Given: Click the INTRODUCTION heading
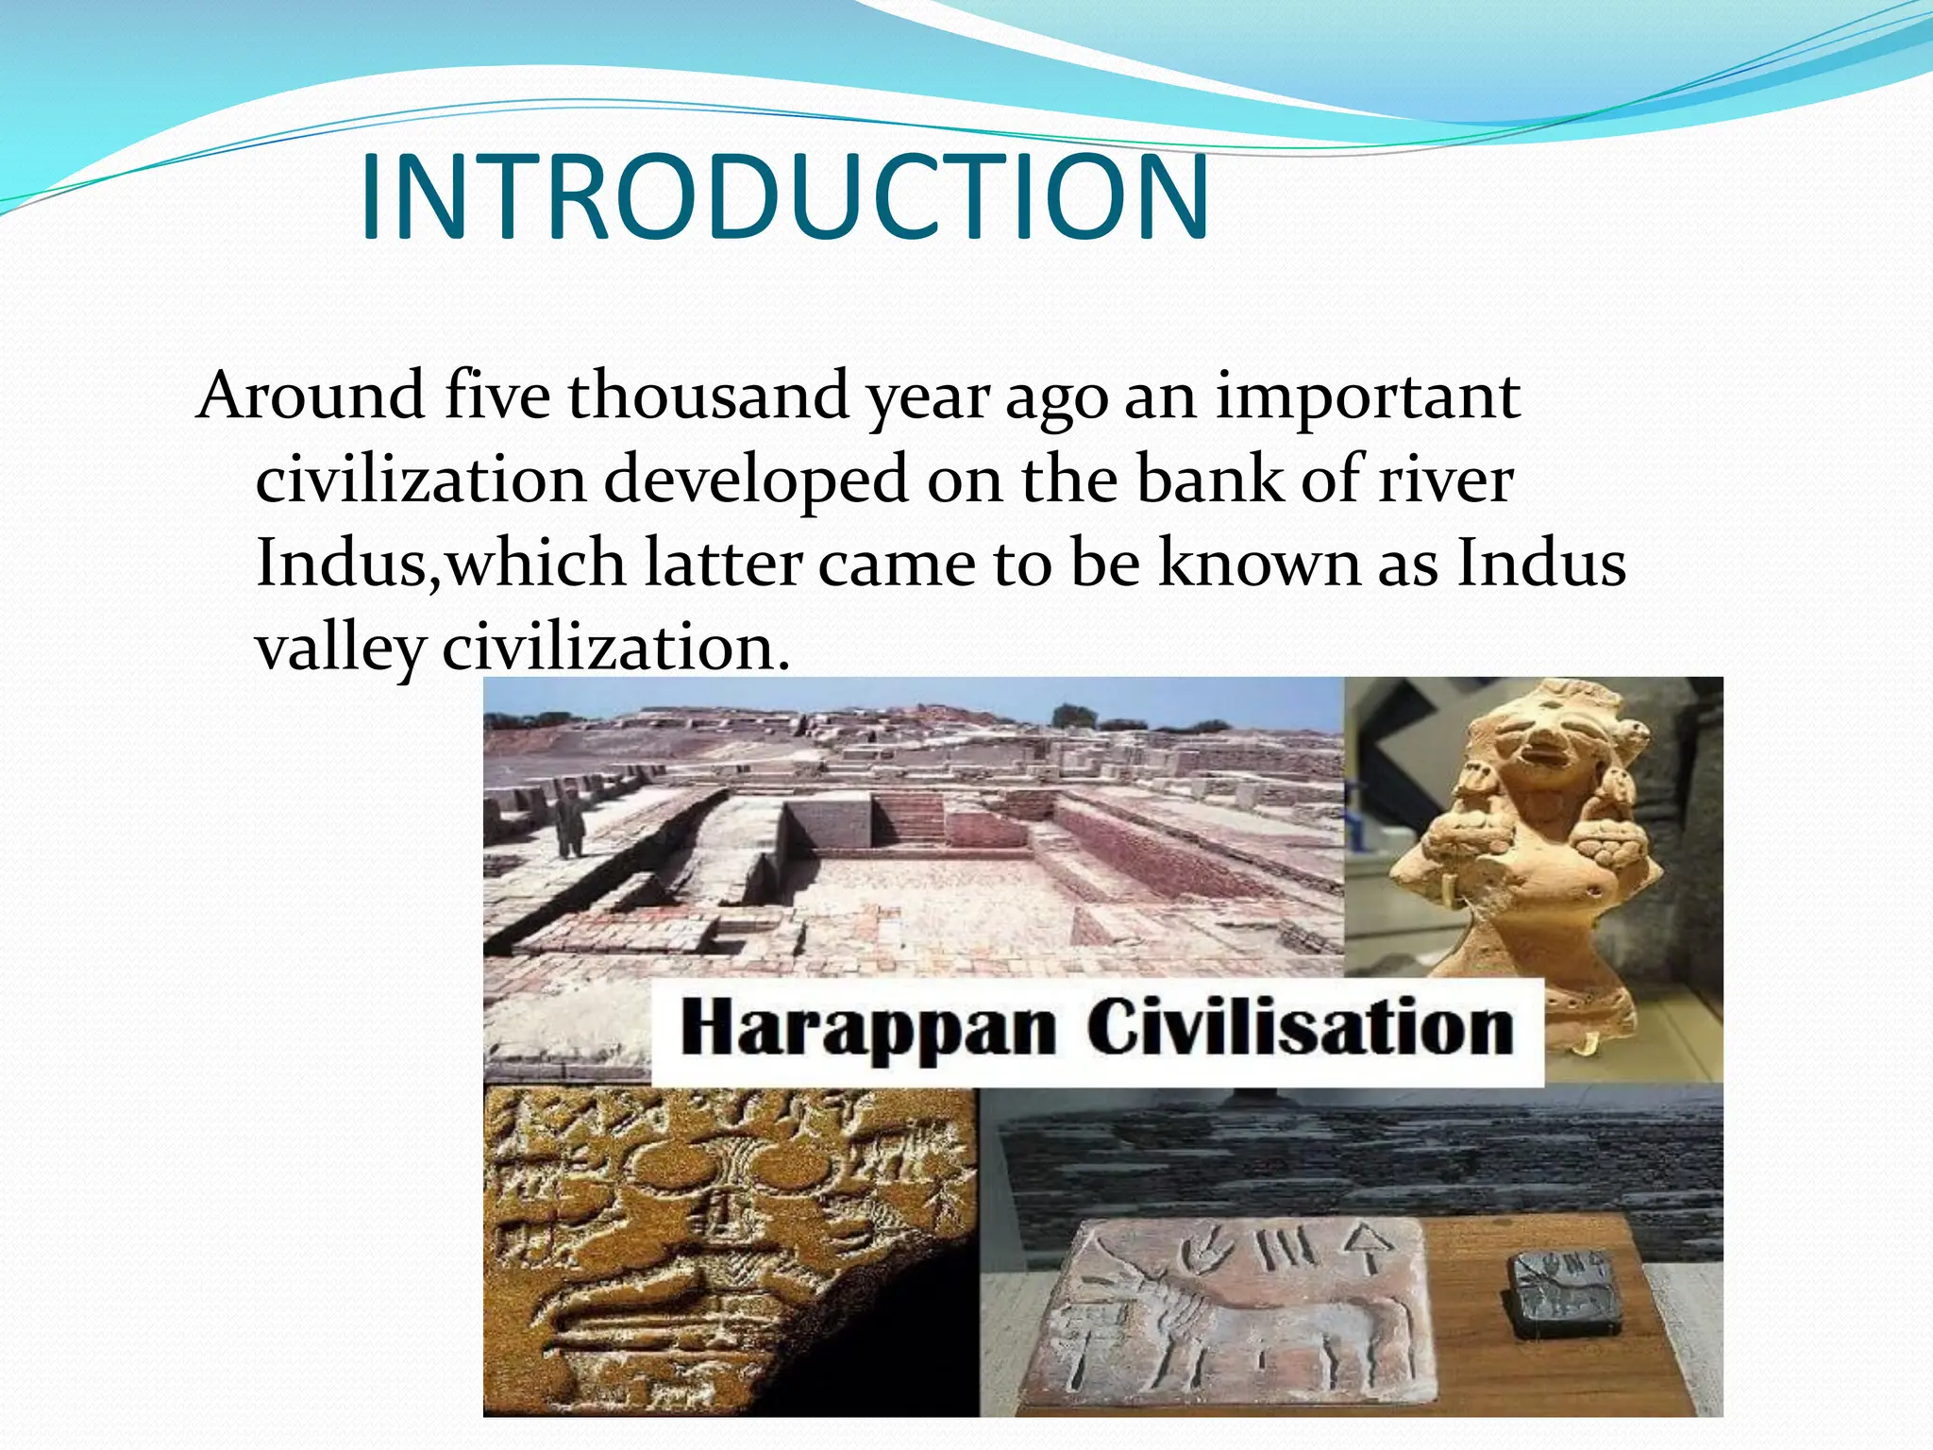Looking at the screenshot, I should pyautogui.click(x=783, y=198).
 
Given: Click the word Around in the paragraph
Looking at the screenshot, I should pyautogui.click(x=311, y=396).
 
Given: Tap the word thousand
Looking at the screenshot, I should pyautogui.click(x=708, y=396).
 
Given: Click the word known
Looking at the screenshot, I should pyautogui.click(x=1259, y=564).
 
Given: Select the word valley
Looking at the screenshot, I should pyautogui.click(x=340, y=649).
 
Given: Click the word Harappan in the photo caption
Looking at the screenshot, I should pyautogui.click(x=868, y=1029).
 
